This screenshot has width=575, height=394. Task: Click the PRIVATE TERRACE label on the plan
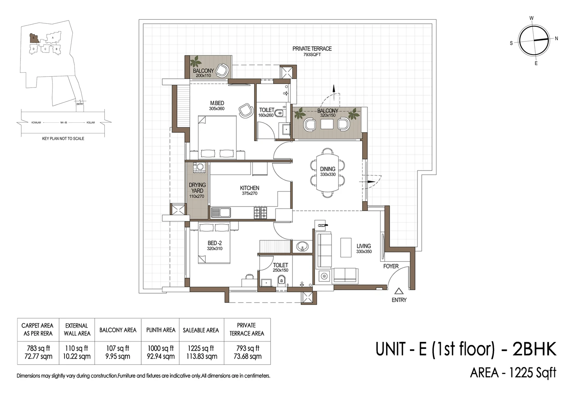pyautogui.click(x=312, y=49)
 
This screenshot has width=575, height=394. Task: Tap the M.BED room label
pyautogui.click(x=217, y=103)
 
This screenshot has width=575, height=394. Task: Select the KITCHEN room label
pyautogui.click(x=249, y=188)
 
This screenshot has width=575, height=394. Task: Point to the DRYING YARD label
pyautogui.click(x=197, y=188)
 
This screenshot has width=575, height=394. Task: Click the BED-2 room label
pyautogui.click(x=214, y=243)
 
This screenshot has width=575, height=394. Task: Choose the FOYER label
pyautogui.click(x=391, y=266)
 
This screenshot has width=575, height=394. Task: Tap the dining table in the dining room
pyautogui.click(x=327, y=172)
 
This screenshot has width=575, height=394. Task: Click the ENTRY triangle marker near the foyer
pyautogui.click(x=398, y=291)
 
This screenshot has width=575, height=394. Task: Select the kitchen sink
pyautogui.click(x=221, y=213)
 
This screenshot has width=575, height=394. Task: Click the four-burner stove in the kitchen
pyautogui.click(x=260, y=213)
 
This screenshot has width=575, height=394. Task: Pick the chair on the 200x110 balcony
pyautogui.click(x=222, y=70)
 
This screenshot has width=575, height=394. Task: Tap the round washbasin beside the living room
pyautogui.click(x=302, y=247)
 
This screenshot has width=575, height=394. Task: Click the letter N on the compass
pyautogui.click(x=557, y=39)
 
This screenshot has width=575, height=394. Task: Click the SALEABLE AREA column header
pyautogui.click(x=201, y=330)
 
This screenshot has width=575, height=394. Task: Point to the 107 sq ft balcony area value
pyautogui.click(x=117, y=348)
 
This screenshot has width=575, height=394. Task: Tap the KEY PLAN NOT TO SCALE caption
pyautogui.click(x=63, y=139)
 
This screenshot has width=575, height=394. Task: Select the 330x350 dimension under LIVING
pyautogui.click(x=363, y=252)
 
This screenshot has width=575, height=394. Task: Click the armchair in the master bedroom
pyautogui.click(x=246, y=110)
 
